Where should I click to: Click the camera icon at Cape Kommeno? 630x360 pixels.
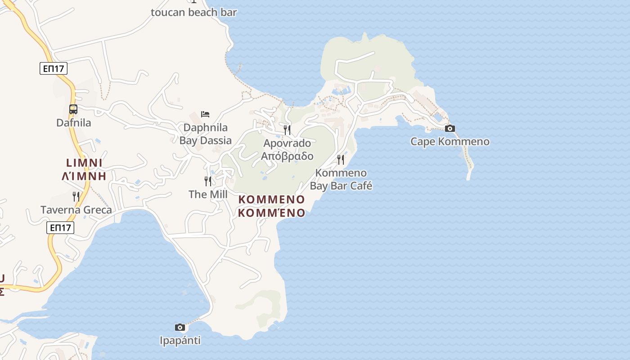[450, 129]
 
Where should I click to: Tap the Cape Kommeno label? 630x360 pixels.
[450, 142]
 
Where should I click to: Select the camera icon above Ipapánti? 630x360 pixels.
[180, 327]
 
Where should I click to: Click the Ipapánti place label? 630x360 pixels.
[180, 341]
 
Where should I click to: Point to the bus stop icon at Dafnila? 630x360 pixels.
[73, 109]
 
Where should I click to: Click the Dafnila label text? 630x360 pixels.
[73, 123]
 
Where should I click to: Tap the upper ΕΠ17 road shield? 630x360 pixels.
[54, 68]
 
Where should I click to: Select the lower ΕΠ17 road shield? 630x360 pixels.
[60, 228]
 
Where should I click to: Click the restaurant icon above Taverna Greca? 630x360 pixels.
[76, 196]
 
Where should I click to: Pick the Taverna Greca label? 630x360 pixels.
[76, 210]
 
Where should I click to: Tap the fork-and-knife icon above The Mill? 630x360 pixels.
[208, 181]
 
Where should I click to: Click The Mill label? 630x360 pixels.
[208, 194]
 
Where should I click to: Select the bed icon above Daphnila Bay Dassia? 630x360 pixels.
[205, 114]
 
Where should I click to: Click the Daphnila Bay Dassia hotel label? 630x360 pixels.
[205, 134]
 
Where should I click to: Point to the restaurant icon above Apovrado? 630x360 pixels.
[287, 130]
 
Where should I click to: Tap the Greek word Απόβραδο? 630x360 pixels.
[287, 157]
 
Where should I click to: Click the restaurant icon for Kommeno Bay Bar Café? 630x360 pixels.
[341, 159]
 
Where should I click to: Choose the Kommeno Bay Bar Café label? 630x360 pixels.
[341, 180]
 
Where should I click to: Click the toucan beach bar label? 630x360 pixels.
[193, 12]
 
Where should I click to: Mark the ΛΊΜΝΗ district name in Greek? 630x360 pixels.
[84, 176]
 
